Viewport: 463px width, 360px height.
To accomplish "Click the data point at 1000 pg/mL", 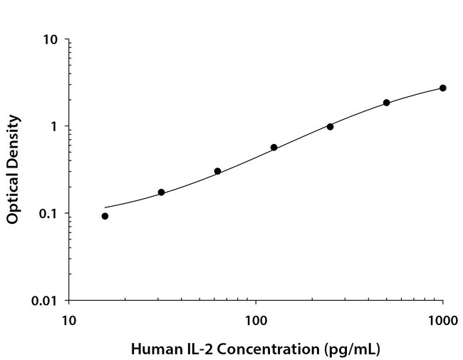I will [x=442, y=88].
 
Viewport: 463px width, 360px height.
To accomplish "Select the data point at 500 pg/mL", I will [x=386, y=103].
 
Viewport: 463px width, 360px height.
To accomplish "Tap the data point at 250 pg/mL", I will [x=330, y=126].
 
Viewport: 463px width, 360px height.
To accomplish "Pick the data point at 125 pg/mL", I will [x=274, y=148].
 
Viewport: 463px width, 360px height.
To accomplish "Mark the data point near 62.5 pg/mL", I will [x=217, y=171].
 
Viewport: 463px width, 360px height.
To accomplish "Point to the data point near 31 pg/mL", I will [x=161, y=192].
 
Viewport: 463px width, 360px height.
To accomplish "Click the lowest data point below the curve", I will [x=105, y=216].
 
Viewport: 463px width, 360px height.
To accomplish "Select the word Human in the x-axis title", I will [x=152, y=349].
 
